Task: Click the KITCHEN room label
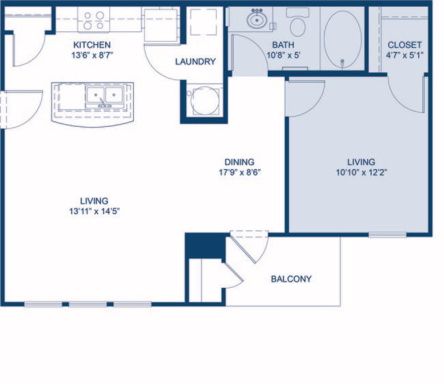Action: click(x=92, y=45)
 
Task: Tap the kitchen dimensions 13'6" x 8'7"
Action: click(x=92, y=55)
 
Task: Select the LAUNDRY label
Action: click(x=195, y=61)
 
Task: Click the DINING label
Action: click(x=236, y=162)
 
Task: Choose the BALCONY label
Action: click(x=291, y=279)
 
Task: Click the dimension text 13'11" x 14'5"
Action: click(x=94, y=211)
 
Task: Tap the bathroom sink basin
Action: click(x=258, y=20)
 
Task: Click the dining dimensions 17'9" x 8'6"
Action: click(x=236, y=172)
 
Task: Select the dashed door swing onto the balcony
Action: click(x=249, y=247)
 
